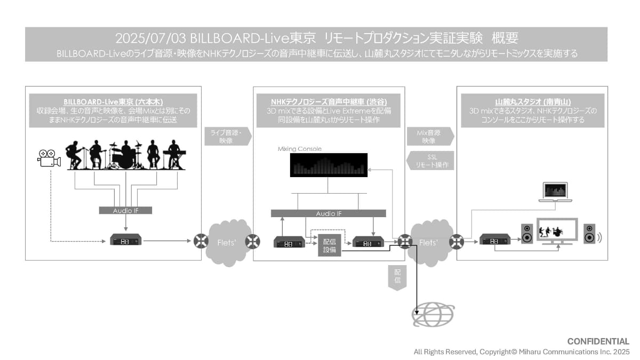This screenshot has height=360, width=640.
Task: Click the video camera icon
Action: [x=49, y=157]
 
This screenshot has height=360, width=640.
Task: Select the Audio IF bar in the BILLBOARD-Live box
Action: [x=125, y=210]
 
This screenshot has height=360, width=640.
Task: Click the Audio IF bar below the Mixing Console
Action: [x=328, y=213]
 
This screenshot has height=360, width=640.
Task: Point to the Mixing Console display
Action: [x=328, y=165]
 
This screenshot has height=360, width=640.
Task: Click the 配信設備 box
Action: [x=330, y=245]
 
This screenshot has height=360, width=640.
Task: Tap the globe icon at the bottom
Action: [x=433, y=315]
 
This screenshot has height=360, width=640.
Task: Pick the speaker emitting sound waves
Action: [x=589, y=233]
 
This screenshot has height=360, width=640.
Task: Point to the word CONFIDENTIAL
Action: [x=598, y=341]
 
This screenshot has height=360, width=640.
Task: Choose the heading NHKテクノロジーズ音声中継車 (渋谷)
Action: [x=329, y=101]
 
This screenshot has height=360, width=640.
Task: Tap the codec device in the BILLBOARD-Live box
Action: [x=126, y=241]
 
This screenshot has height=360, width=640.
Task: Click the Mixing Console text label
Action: [x=300, y=149]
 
